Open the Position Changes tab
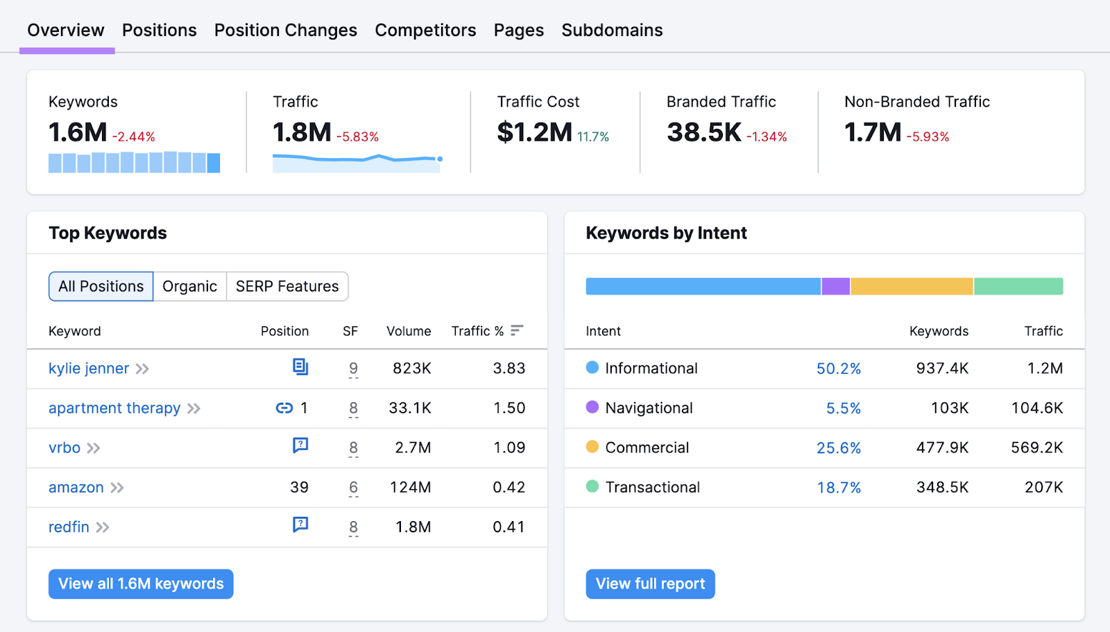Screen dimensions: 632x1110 (x=285, y=30)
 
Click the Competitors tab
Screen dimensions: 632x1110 (x=425, y=30)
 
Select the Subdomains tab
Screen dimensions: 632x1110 (x=612, y=30)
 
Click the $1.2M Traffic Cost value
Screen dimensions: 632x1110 (x=534, y=132)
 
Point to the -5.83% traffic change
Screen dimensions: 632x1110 (x=357, y=137)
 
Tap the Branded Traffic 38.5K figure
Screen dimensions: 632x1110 (x=703, y=132)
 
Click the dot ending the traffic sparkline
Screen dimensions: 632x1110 (x=440, y=159)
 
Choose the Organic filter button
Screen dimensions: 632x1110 (x=189, y=287)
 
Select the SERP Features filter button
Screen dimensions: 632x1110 (x=287, y=287)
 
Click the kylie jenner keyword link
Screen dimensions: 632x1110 (x=89, y=369)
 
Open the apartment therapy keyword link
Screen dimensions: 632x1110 (x=114, y=408)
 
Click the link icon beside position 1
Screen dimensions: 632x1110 (x=284, y=408)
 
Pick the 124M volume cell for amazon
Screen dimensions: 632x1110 (x=410, y=488)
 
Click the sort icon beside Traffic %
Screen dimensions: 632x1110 (x=517, y=331)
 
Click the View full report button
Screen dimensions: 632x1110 (x=650, y=584)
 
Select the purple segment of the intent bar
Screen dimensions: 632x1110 (x=835, y=287)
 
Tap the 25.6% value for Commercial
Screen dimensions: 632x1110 (x=838, y=448)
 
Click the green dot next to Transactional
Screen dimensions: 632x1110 (x=592, y=486)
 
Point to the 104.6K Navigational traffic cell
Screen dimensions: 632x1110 (x=1036, y=408)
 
